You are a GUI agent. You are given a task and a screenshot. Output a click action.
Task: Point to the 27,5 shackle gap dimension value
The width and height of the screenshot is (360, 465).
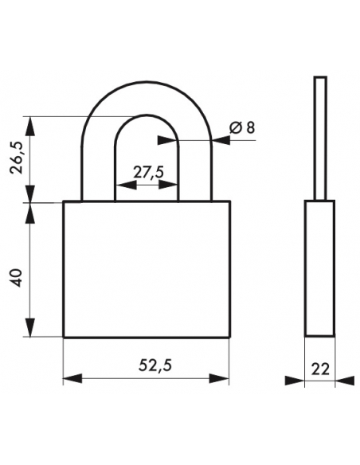pos(148,172)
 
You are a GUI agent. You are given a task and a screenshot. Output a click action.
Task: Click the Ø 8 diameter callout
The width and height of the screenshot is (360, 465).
pos(242,128)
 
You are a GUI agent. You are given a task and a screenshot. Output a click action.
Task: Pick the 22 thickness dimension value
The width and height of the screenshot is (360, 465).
pos(320,369)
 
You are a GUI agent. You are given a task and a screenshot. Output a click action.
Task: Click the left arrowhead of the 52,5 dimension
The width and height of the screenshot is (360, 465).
pos(72,378)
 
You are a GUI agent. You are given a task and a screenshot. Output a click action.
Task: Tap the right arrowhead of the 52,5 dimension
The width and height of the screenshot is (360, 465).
pos(219,378)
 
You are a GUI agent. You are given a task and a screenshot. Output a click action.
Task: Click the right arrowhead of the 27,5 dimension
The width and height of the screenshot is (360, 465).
pos(168,186)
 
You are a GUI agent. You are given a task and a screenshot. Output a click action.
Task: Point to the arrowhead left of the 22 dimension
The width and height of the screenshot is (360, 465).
pos(295,381)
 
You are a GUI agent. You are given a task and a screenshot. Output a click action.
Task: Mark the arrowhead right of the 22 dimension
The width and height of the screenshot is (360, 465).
pos(345,381)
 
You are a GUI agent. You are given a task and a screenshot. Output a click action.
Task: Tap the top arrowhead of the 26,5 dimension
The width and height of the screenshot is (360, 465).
pos(29,127)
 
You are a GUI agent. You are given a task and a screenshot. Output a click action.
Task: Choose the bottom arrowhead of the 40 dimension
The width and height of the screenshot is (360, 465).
pos(29,327)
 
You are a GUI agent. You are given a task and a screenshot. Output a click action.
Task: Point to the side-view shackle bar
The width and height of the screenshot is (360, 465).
pos(320,139)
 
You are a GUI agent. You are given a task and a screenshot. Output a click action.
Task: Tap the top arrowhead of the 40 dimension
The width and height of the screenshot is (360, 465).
pos(29,213)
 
